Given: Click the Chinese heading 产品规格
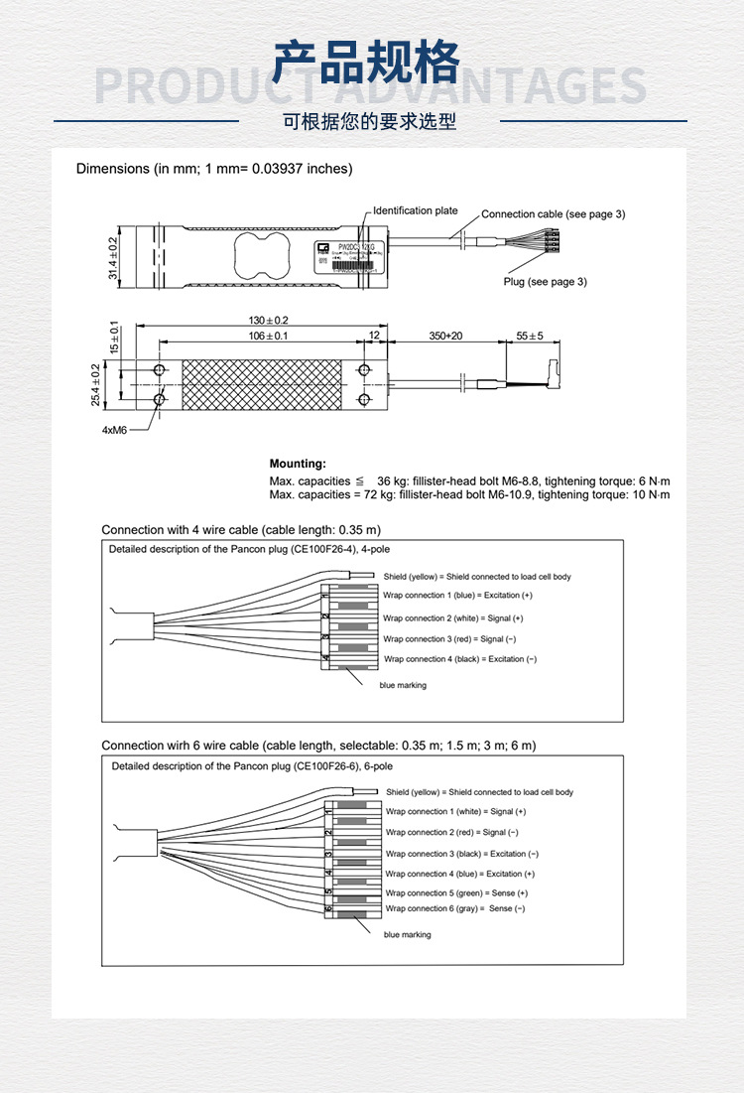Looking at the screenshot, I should (367, 63).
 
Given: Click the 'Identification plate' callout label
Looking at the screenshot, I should (416, 210).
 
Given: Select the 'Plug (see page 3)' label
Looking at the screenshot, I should (545, 282).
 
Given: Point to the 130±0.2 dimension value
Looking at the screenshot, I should (268, 321).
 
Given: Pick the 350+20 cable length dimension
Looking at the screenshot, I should (444, 337).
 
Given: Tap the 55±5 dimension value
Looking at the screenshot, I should (530, 337).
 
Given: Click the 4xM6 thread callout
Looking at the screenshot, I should (114, 431).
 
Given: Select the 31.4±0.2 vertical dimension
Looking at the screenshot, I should (112, 257).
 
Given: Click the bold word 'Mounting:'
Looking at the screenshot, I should (298, 464).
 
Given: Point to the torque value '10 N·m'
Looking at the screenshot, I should (650, 494).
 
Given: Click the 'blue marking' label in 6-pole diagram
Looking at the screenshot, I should (407, 935).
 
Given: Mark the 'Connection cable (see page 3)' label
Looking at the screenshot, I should (553, 214).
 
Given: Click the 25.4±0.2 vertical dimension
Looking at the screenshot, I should (96, 384).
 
